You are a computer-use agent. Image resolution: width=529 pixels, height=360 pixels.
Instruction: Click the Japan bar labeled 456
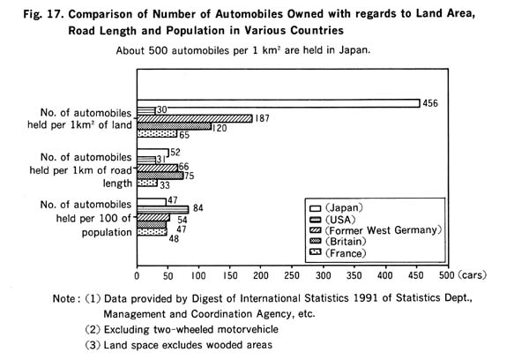click(x=279, y=103)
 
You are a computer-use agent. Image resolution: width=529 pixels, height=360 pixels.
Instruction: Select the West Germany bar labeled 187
click(x=195, y=118)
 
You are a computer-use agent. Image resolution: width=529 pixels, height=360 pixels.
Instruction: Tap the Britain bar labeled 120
click(x=174, y=126)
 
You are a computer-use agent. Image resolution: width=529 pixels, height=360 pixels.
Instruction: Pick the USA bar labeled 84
click(x=162, y=210)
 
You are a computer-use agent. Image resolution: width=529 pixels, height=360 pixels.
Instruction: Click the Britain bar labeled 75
click(x=160, y=176)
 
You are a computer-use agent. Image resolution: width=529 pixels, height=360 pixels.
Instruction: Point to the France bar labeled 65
click(x=157, y=134)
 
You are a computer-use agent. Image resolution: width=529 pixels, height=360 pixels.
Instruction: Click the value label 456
click(x=430, y=103)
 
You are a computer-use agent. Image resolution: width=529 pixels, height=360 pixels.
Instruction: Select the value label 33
click(x=165, y=185)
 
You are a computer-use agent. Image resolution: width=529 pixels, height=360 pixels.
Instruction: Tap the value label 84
click(x=198, y=208)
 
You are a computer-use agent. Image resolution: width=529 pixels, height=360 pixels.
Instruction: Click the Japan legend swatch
click(x=315, y=208)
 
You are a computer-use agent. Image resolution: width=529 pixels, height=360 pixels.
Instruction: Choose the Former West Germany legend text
click(x=384, y=230)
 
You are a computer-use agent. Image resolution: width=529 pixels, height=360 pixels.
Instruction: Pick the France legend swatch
click(x=315, y=252)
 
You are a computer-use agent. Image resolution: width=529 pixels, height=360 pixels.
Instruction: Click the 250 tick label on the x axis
click(x=292, y=275)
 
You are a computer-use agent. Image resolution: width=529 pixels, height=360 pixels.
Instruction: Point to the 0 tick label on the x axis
click(x=137, y=276)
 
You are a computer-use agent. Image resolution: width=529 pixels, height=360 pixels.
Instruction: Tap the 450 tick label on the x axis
click(x=416, y=275)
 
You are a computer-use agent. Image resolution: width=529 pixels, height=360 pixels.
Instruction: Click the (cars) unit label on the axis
click(x=473, y=275)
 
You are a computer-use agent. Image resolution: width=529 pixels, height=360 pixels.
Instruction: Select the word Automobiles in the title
click(x=249, y=14)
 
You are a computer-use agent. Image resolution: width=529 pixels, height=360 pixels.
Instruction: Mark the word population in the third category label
click(x=107, y=233)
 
